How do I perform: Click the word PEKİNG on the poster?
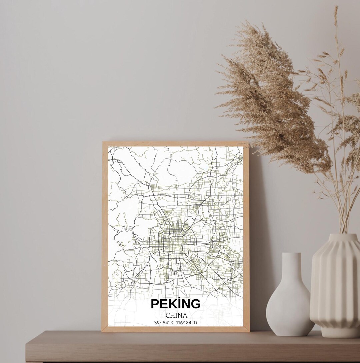click(x=176, y=304)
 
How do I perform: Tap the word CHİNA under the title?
click(x=176, y=315)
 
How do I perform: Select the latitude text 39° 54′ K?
click(x=164, y=323)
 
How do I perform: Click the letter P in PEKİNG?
click(x=155, y=304)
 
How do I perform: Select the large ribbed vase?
click(x=335, y=287)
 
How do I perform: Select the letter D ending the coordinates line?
click(x=195, y=323)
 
